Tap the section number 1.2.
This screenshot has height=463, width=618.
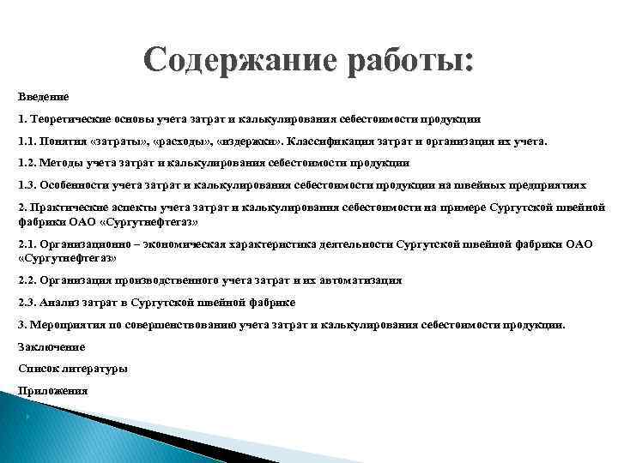point(27,162)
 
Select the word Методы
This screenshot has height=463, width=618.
point(61,162)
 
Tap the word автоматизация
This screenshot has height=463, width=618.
point(361,280)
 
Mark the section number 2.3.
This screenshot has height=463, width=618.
point(27,303)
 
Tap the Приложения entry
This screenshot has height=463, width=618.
point(52,390)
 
